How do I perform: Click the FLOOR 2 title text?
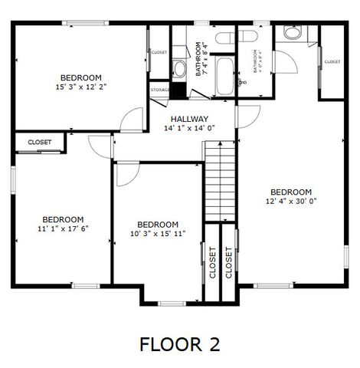point(179,344)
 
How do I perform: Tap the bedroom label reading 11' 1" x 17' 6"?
point(63,223)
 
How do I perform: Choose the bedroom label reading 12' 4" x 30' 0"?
point(291,196)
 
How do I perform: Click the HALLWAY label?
point(189,123)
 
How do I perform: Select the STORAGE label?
point(159,90)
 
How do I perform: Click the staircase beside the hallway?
point(219,184)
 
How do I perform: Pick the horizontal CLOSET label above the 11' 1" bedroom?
point(40,143)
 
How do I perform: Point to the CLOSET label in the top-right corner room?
point(332,62)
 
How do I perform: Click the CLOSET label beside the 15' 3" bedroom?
point(159,52)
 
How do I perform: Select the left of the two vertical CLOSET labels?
point(212,263)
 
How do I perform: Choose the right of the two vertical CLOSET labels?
point(229,263)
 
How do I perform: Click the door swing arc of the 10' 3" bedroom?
point(125,176)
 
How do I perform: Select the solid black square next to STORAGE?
point(178,89)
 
